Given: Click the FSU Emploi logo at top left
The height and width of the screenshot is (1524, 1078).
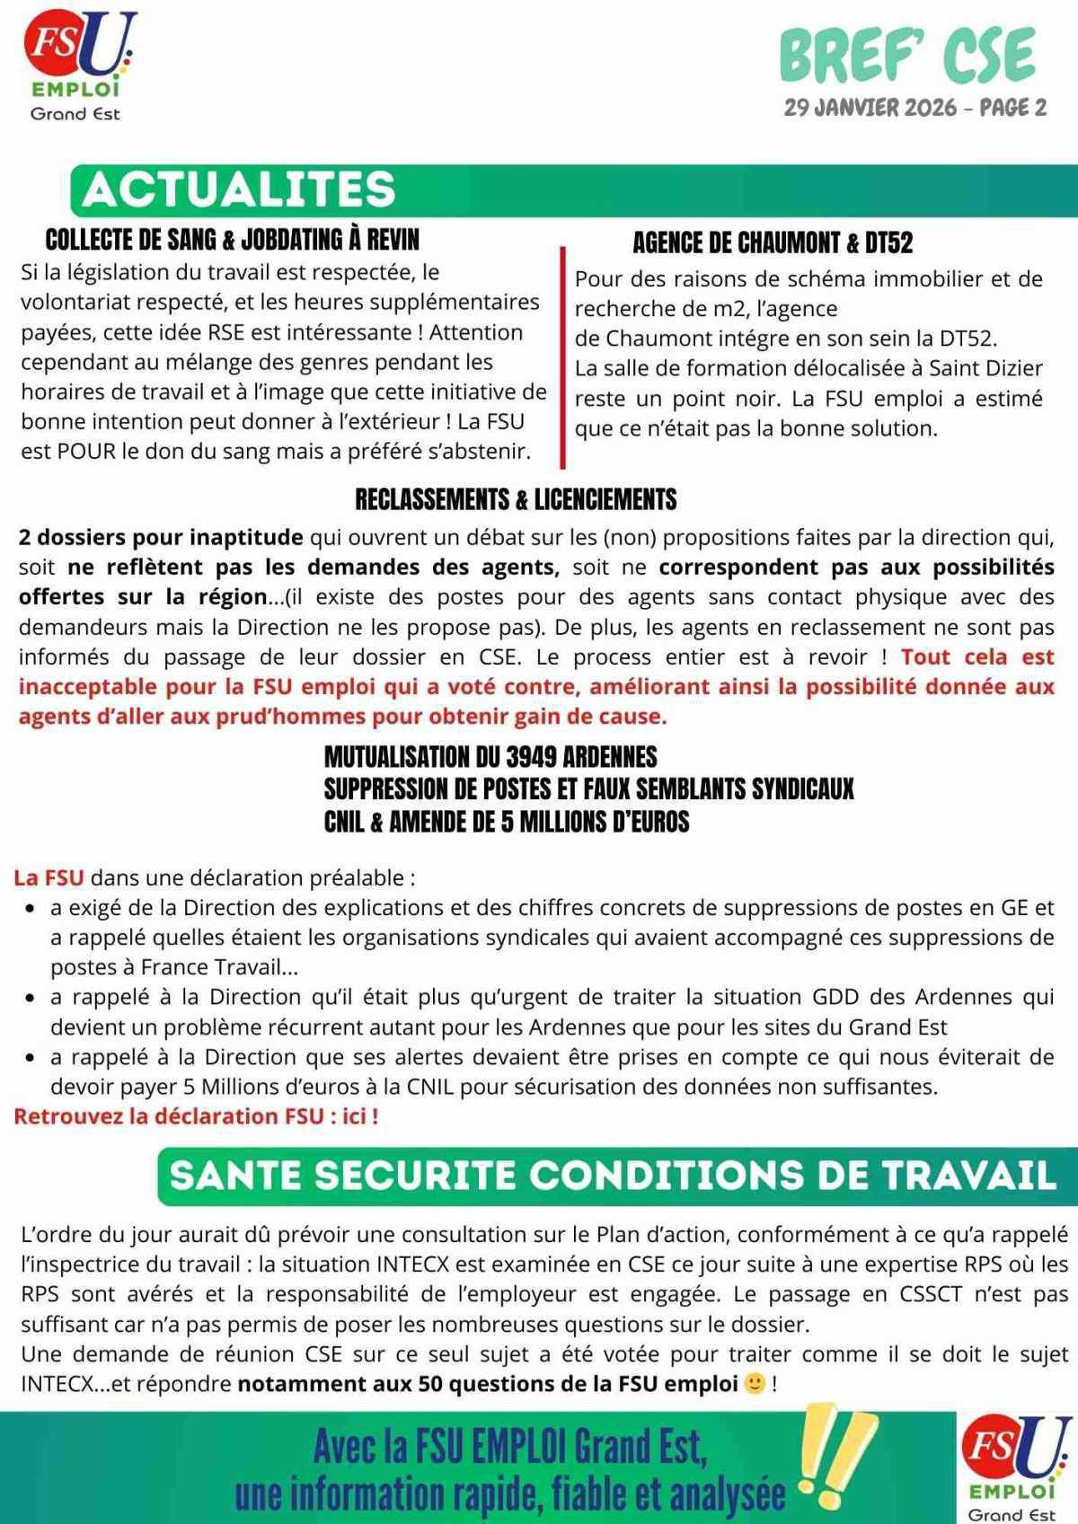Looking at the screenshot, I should [79, 65].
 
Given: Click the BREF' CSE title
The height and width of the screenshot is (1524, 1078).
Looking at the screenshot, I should [907, 56].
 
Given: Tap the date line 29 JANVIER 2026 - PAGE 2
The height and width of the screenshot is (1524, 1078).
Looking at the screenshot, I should [915, 108].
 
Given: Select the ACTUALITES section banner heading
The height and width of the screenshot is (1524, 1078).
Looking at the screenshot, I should [239, 189].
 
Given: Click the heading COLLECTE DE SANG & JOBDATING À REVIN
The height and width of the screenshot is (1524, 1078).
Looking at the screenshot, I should [232, 240].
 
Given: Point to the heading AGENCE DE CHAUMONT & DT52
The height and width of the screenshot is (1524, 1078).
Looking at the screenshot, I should [773, 242].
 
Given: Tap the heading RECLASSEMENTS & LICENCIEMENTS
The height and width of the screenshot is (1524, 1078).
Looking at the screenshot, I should [516, 499].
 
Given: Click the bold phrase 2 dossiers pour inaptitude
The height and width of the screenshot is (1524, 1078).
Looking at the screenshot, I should [161, 538].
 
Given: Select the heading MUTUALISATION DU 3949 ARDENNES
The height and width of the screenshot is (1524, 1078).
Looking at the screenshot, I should [490, 756].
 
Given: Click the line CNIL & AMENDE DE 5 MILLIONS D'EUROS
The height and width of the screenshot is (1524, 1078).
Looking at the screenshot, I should [507, 821].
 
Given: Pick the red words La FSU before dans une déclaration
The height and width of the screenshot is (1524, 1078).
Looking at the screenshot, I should [49, 877].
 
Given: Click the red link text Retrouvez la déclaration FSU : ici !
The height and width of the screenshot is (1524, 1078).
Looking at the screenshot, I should [196, 1116].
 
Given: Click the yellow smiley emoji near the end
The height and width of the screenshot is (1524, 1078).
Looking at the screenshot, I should [755, 1384].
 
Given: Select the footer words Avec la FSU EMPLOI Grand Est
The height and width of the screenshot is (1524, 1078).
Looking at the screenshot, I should [509, 1447].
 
